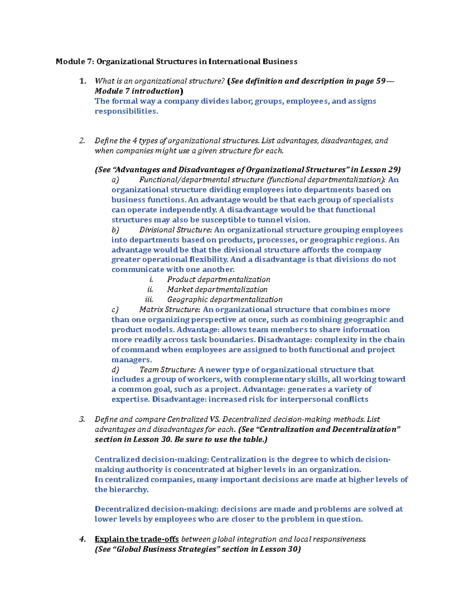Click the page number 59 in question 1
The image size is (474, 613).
[380, 81]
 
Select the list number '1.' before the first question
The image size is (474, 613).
[83, 81]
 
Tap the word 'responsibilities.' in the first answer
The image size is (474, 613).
[126, 111]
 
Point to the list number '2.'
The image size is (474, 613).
[82, 141]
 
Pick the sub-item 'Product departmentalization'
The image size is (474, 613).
[218, 280]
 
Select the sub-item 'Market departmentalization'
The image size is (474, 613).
[217, 290]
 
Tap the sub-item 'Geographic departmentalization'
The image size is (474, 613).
[225, 300]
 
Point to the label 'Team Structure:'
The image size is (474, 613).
[167, 370]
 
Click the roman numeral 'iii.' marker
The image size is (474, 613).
[149, 300]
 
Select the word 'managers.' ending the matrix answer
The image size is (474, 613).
[132, 360]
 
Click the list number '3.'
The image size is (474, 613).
[82, 420]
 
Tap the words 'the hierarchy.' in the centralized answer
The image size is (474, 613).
[122, 490]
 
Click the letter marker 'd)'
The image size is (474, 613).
[115, 370]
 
